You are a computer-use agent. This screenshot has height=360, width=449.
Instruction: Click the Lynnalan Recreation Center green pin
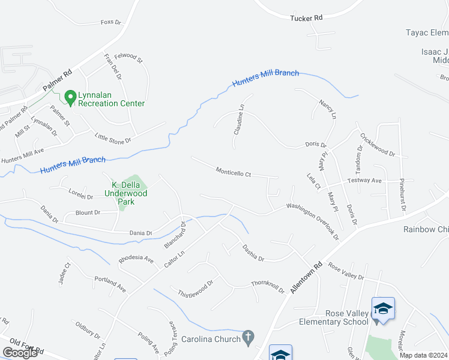click(x=70, y=97)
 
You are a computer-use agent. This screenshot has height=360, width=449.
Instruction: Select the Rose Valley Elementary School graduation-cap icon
click(x=383, y=310)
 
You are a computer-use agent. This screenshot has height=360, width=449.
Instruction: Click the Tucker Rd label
click(x=306, y=18)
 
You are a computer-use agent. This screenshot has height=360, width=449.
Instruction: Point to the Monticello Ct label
click(x=234, y=173)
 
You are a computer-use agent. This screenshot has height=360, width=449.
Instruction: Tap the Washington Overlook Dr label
click(x=313, y=221)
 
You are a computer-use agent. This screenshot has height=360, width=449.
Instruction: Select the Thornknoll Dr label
click(x=268, y=287)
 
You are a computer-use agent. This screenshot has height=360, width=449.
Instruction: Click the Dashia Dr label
click(x=253, y=252)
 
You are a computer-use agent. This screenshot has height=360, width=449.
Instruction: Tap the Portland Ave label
click(x=110, y=284)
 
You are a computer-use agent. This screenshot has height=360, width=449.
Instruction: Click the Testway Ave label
click(x=366, y=181)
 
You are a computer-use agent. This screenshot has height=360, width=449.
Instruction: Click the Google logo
click(x=20, y=353)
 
